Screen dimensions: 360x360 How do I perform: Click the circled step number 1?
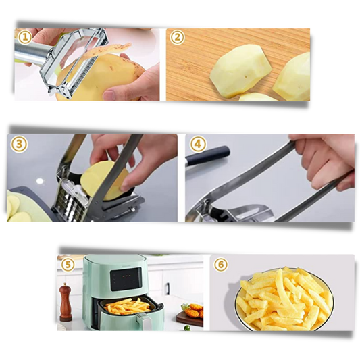pos(25,37)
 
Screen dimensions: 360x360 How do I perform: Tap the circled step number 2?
pos(177,37)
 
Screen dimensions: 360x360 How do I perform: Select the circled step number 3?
pos(20,145)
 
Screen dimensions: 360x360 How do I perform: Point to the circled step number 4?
pos(198,145)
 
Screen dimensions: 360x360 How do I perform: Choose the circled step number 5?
pos(68,265)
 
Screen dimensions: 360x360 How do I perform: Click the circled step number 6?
pos(221,265)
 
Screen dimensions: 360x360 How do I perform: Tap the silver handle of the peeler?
pos(32,52)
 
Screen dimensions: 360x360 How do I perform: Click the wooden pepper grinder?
pos(66,302)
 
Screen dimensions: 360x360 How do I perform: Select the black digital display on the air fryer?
pos(126,279)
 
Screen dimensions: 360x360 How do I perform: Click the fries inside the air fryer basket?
pos(127,306)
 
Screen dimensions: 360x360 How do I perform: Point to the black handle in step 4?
pos(208,155)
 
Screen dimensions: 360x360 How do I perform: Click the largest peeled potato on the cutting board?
pos(240,71)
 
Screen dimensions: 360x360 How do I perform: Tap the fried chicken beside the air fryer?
pos(195,311)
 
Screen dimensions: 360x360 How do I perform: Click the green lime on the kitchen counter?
pos(187,328)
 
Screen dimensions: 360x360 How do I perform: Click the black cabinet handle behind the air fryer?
pos(168,288)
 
